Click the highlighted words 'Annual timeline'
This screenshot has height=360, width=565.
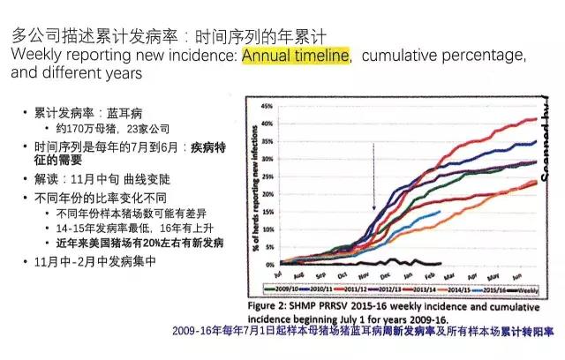click(297, 56)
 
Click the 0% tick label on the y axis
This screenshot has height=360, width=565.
click(262, 263)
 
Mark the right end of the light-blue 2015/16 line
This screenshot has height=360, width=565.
click(440, 211)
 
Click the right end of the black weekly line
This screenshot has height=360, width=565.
click(440, 262)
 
